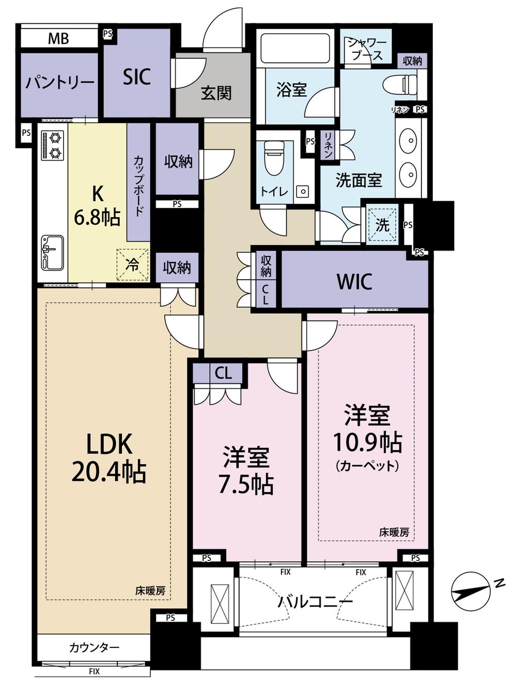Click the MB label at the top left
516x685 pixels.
coord(58,39)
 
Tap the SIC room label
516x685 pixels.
coord(136,77)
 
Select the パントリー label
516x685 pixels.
coord(60,83)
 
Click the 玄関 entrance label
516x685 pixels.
coord(216,93)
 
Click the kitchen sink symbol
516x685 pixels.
coord(52,252)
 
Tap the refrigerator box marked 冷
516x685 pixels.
coord(132,264)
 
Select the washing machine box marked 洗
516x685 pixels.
coord(382,224)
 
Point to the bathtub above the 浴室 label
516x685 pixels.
coord(295,49)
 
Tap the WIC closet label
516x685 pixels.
coord(354,282)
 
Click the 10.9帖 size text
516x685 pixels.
coord(368,442)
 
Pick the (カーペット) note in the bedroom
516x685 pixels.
coord(368,466)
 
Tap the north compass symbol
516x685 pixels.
coord(471,591)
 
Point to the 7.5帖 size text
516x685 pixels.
coord(246,484)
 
